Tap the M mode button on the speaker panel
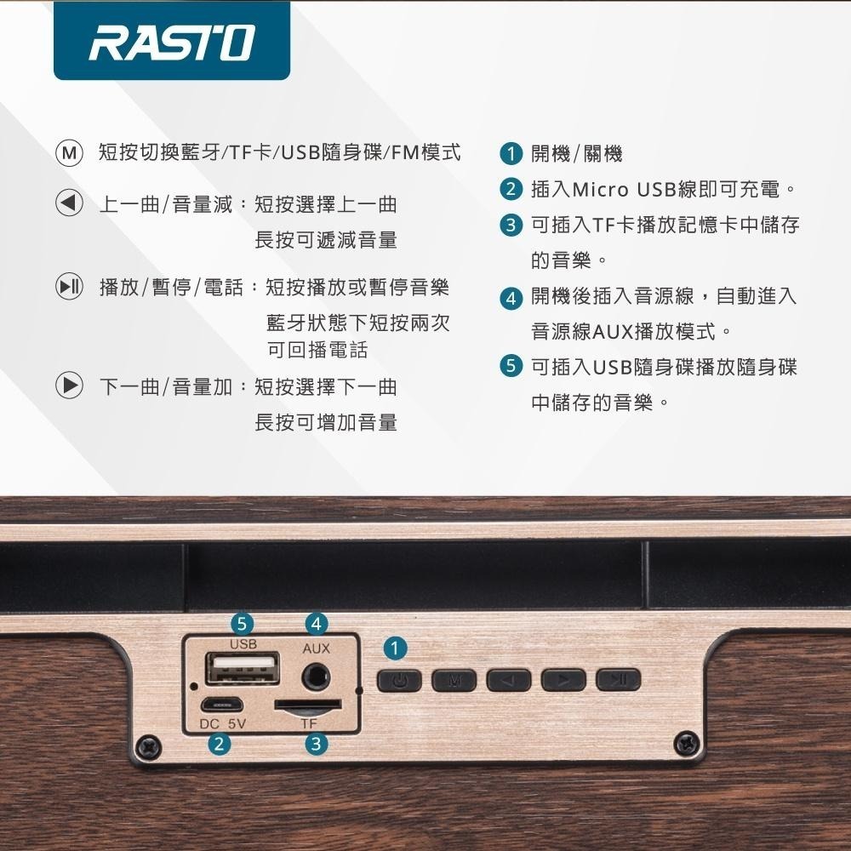[454, 680]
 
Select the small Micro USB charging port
[222, 705]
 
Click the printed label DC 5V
[222, 724]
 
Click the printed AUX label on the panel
[316, 649]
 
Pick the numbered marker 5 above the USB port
[243, 623]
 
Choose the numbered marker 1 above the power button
[393, 648]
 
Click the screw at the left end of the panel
[151, 745]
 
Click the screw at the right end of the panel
[684, 744]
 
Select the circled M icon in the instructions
[69, 154]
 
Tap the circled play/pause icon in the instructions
[69, 288]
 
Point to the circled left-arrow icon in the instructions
[69, 203]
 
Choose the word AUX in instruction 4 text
[610, 332]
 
